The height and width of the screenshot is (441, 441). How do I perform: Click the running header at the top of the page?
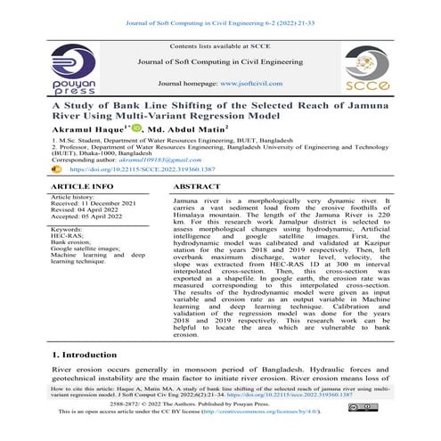tap(220, 6)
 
